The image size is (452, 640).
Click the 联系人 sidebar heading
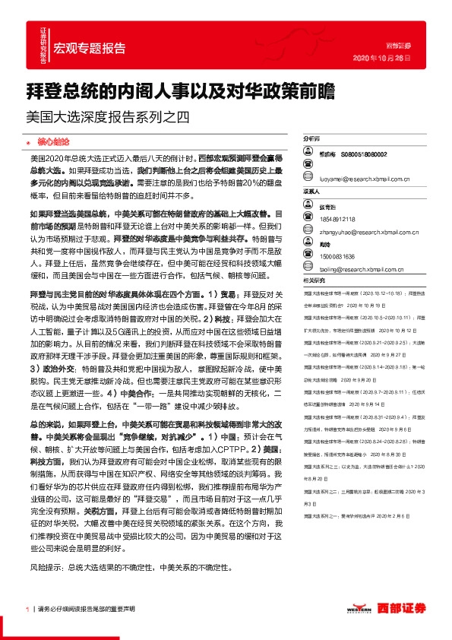tap(312, 192)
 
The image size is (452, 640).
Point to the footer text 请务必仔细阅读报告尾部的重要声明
tap(86, 609)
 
